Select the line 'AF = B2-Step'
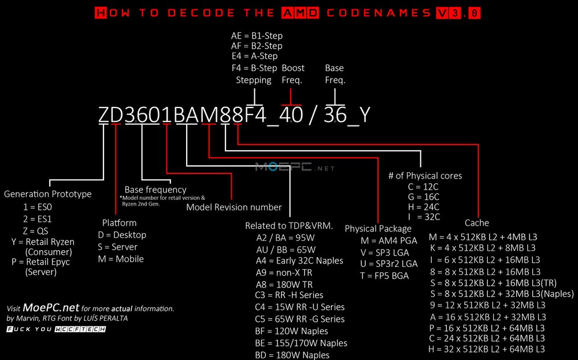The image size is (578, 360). click(257, 46)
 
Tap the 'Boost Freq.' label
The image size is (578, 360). click(293, 74)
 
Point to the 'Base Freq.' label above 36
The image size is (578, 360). click(335, 74)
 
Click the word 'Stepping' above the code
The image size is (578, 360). click(254, 80)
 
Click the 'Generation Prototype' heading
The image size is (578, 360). click(47, 194)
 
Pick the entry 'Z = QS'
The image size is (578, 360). click(35, 231)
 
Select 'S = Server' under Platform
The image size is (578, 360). click(117, 247)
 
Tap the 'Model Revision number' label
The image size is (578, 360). click(234, 207)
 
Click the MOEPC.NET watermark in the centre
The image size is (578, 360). click(295, 168)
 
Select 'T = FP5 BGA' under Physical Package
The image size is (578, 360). click(384, 276)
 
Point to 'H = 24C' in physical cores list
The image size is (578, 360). click(424, 207)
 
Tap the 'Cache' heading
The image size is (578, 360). click(477, 223)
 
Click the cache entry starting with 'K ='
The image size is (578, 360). click(483, 248)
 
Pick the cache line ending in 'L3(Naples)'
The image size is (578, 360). click(502, 294)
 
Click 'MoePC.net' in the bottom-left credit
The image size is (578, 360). click(51, 307)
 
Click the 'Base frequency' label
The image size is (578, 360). click(155, 190)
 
